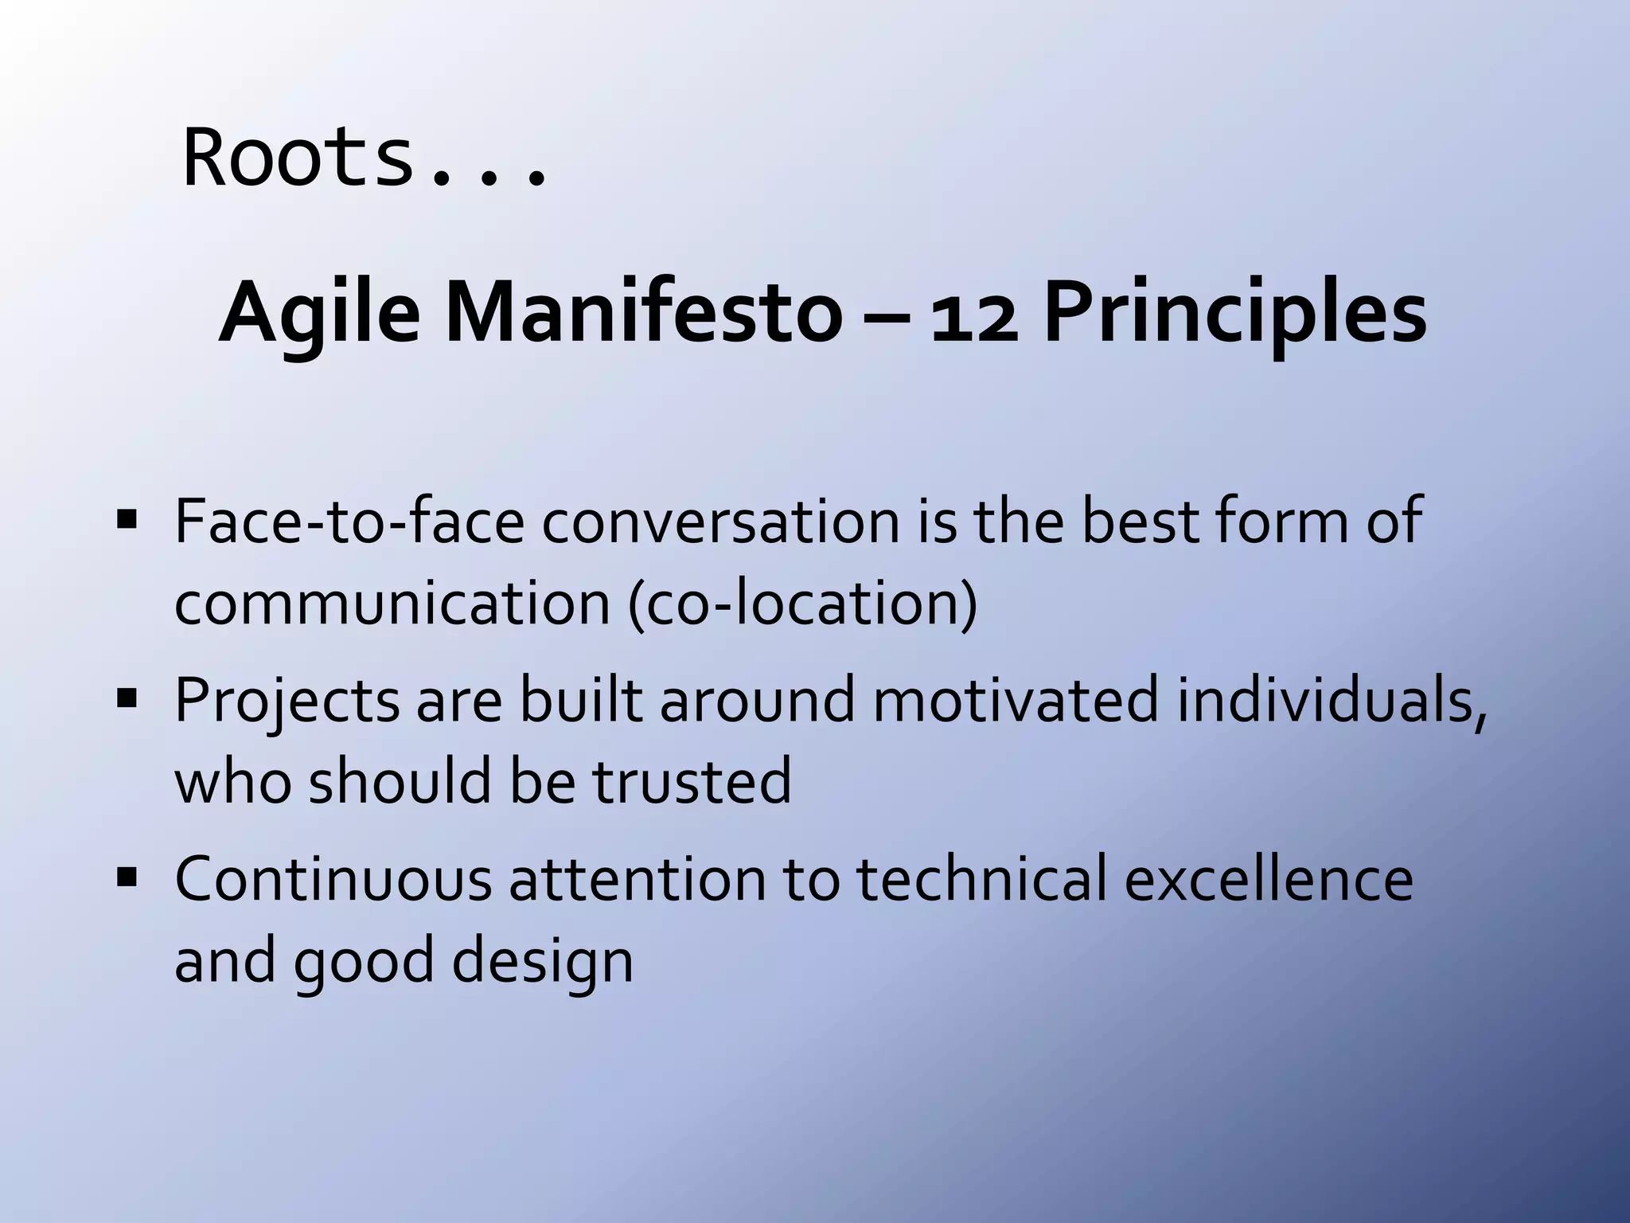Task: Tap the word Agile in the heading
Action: [x=318, y=314]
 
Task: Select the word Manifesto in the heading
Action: [x=642, y=312]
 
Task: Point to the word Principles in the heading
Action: [x=1234, y=314]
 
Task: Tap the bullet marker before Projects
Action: [x=127, y=700]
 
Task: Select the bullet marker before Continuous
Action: [x=127, y=878]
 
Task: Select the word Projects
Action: [x=287, y=701]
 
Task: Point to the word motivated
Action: [x=1016, y=700]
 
